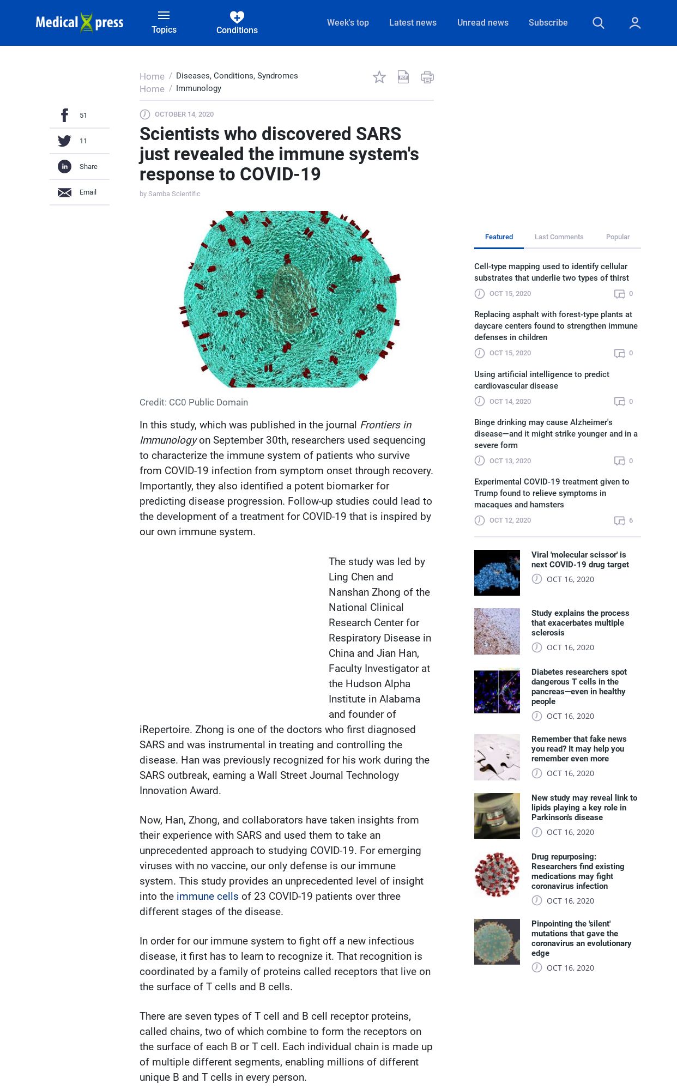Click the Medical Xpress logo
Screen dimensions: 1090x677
[80, 22]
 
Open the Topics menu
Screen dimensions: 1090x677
[164, 22]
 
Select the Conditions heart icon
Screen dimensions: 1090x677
[237, 17]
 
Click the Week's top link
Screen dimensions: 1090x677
[348, 22]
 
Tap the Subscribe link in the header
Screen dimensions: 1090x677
[548, 22]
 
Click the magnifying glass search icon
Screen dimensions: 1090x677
[598, 23]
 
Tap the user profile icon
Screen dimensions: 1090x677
[634, 23]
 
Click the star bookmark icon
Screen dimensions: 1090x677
[379, 77]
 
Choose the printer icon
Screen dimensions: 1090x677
[427, 77]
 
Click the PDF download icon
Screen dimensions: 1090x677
[403, 77]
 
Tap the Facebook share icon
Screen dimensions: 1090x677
[64, 116]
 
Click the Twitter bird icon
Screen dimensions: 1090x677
[64, 141]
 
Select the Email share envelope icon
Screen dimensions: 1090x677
[64, 192]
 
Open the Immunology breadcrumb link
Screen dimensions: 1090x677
[198, 88]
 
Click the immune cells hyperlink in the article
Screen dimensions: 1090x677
[207, 896]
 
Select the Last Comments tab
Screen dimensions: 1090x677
[559, 237]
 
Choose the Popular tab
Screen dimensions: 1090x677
[618, 237]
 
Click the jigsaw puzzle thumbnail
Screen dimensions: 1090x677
[497, 757]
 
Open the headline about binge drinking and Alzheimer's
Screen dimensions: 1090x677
[555, 433]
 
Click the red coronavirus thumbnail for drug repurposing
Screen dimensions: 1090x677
[497, 875]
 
